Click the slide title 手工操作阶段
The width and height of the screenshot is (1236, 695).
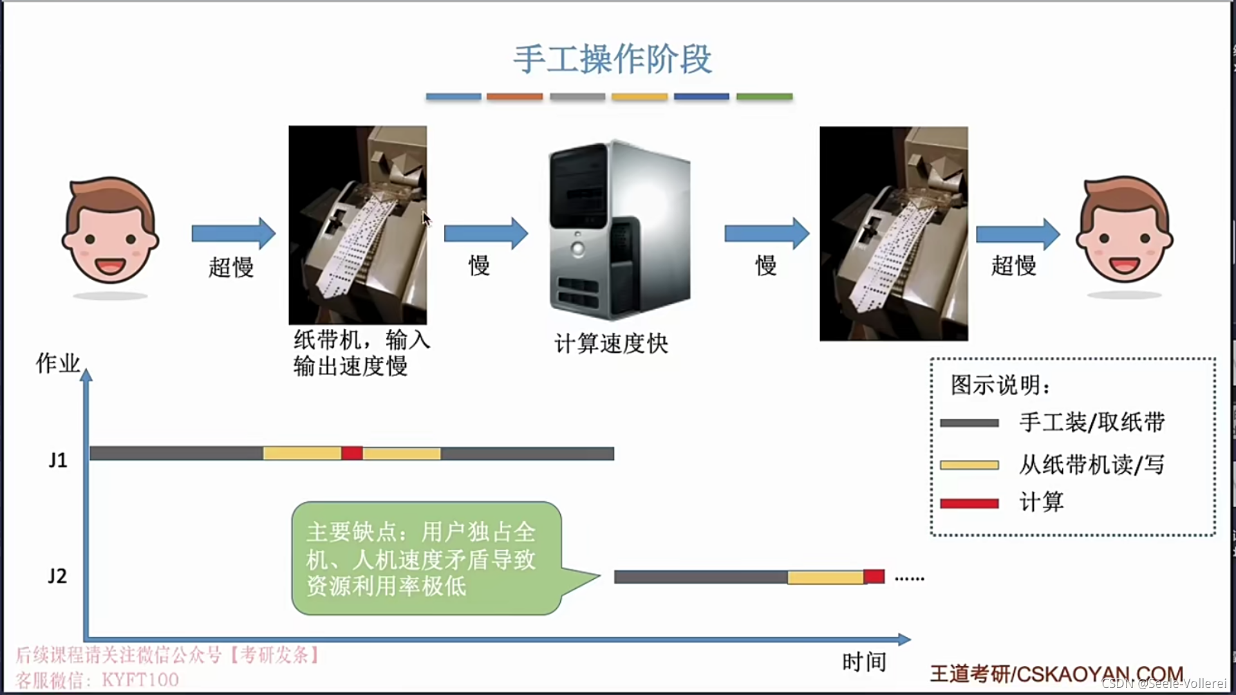point(612,59)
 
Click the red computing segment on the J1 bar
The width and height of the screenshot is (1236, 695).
point(351,453)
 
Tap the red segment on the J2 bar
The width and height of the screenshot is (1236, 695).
point(874,576)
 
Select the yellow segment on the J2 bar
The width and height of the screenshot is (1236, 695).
point(825,577)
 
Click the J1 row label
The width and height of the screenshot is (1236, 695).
point(58,460)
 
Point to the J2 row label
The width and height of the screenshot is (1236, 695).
point(57,576)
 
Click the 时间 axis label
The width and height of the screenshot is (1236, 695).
point(864,662)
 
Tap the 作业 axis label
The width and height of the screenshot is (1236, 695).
point(58,364)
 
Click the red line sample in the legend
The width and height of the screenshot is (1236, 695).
point(969,503)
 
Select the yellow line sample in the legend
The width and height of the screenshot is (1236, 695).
point(969,465)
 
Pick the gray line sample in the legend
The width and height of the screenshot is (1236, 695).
point(969,423)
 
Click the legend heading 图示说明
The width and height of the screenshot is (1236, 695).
point(1000,385)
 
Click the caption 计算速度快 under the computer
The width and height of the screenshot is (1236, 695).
point(611,344)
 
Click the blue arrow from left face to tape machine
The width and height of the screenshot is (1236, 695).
point(233,233)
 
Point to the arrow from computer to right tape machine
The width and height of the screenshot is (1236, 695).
point(766,233)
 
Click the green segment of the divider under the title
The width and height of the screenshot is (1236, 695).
point(764,97)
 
